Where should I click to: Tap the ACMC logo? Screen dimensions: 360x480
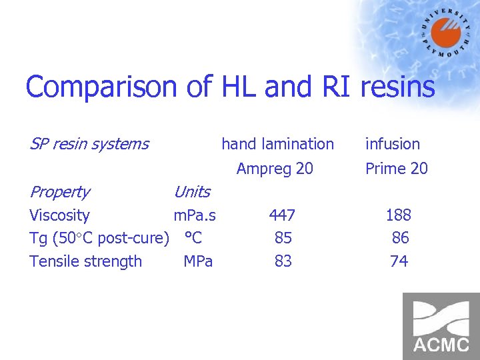441,326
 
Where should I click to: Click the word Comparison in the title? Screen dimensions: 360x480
101,87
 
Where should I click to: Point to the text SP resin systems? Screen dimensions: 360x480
89,143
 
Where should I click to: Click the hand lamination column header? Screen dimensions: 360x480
277,143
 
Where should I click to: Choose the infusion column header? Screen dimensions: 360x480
393,143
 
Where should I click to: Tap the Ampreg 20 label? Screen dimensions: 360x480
275,169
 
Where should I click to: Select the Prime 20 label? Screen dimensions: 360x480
397,169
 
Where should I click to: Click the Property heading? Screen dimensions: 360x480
59,192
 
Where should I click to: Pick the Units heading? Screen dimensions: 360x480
191,192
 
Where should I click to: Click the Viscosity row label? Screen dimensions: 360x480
59,215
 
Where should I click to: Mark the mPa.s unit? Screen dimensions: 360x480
195,215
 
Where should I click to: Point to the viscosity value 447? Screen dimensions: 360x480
282,215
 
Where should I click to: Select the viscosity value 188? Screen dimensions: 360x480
399,215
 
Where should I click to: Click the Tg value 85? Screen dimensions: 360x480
283,238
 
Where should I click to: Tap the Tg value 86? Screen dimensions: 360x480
401,238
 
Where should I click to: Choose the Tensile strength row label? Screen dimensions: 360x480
85,261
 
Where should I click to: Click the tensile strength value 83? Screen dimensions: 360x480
283,261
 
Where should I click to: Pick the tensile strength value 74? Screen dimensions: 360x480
399,261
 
